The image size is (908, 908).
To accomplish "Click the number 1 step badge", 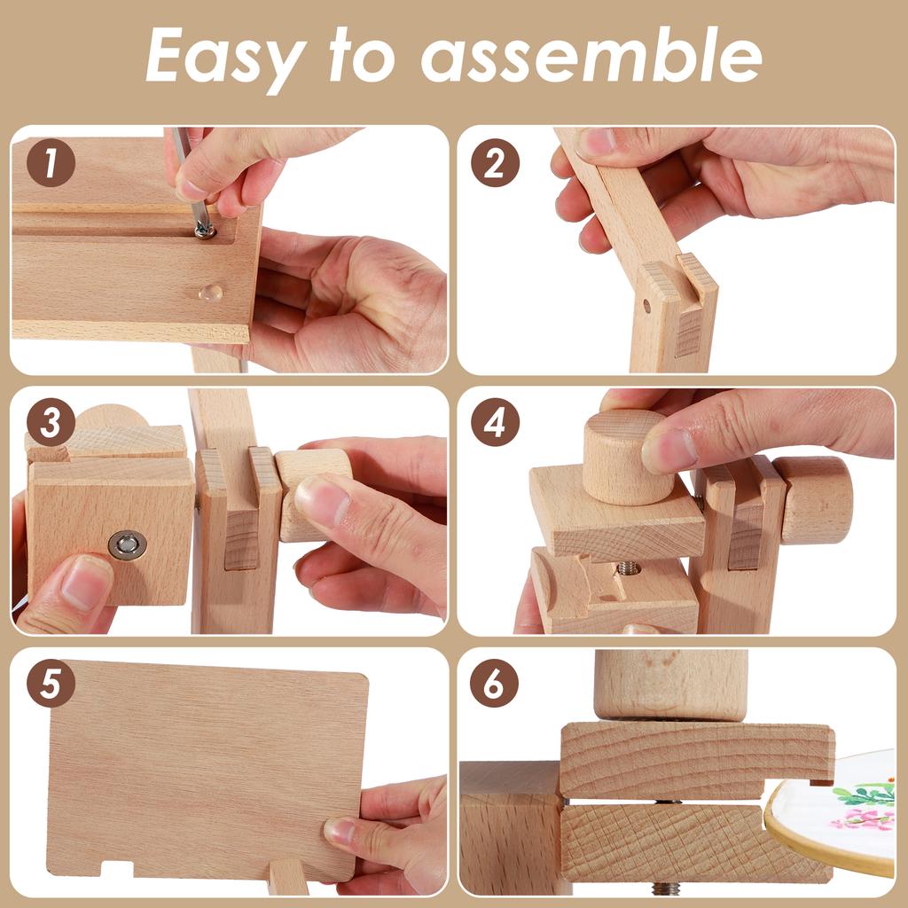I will (51, 164).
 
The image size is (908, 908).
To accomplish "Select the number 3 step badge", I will (51, 424).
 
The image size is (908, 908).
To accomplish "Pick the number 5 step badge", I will (51, 684).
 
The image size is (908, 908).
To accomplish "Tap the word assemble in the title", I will (591, 55).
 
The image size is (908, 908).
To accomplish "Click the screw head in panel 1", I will (204, 231).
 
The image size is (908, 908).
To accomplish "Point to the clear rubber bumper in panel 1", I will (211, 292).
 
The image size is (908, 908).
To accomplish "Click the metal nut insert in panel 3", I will (128, 545).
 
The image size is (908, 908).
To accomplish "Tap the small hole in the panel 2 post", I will (646, 306).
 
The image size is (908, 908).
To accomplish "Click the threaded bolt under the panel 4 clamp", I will (629, 567).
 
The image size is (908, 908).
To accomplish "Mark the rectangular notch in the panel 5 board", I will (116, 868).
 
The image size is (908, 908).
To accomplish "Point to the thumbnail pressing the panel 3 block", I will (322, 501).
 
